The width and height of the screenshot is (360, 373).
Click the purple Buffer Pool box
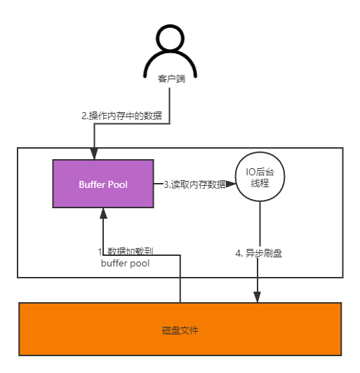coord(102,184)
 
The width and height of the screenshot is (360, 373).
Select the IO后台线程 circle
coord(260,177)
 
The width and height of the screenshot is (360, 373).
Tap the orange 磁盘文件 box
coord(180,330)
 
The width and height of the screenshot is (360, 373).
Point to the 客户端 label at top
coord(172,79)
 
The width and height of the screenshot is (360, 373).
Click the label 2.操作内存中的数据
coord(121,116)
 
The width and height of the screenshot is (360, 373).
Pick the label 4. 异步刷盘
coord(258,253)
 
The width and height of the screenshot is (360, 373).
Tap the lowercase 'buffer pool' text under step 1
coord(125,264)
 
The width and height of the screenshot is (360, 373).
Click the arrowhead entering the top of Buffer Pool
coord(93,154)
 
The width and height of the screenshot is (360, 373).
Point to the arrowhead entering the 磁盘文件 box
coord(258,297)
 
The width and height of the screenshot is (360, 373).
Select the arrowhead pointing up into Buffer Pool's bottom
coord(103,213)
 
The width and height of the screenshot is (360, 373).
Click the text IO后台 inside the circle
coord(260,170)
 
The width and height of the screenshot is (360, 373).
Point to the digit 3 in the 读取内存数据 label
coord(166,184)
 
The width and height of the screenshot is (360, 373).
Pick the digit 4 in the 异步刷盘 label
coord(238,253)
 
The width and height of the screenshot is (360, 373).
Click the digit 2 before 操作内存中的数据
coord(84,116)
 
